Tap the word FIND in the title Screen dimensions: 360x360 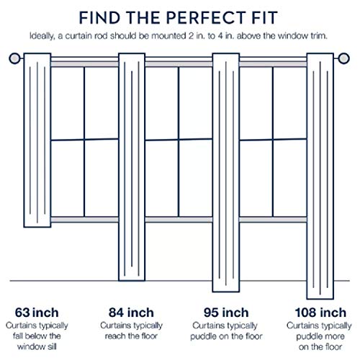click(99, 18)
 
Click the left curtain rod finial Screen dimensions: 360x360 click(14, 58)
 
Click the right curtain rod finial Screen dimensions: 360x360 click(343, 58)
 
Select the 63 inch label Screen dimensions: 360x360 click(37, 312)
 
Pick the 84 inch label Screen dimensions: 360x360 click(131, 312)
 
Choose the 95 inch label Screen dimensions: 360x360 click(226, 312)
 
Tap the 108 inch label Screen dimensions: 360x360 click(320, 312)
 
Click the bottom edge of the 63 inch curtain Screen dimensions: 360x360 click(37, 226)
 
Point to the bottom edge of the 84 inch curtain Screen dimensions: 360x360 click(132, 280)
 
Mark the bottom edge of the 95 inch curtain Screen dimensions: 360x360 click(226, 291)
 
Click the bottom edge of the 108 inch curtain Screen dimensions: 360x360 click(320, 298)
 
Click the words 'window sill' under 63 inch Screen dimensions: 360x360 click(37, 346)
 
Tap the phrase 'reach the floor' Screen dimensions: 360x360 click(131, 336)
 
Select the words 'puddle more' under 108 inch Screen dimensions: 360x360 click(320, 336)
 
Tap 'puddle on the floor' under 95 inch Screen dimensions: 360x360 click(226, 336)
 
